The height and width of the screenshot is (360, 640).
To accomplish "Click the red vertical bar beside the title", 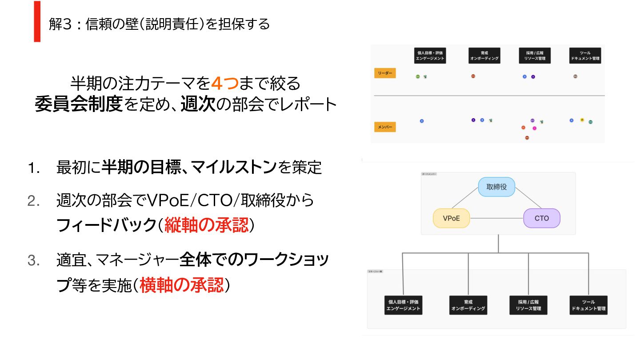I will tap(37, 21).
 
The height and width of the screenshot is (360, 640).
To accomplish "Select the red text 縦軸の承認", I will tap(206, 226).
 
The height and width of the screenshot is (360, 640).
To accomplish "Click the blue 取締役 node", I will tap(496, 187).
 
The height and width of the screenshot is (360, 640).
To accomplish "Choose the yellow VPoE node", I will tap(451, 218).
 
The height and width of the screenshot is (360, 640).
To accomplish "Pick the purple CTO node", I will tap(541, 218).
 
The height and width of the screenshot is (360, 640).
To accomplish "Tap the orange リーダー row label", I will tap(385, 73).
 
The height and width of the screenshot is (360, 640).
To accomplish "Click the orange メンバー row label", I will tap(385, 127).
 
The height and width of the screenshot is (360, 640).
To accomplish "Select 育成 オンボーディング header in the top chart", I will tap(484, 56).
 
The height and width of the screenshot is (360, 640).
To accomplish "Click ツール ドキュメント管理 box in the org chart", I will tap(588, 305).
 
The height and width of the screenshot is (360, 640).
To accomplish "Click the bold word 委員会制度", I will tap(78, 105).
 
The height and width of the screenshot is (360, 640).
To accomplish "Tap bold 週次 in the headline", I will tap(198, 105).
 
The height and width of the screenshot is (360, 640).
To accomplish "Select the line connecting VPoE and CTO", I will tap(496, 218).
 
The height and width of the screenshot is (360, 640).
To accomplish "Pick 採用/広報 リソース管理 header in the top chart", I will tap(535, 56).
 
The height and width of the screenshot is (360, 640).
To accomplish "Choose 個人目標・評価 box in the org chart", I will tap(403, 305).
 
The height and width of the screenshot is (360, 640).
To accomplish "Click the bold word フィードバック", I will tap(105, 226).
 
